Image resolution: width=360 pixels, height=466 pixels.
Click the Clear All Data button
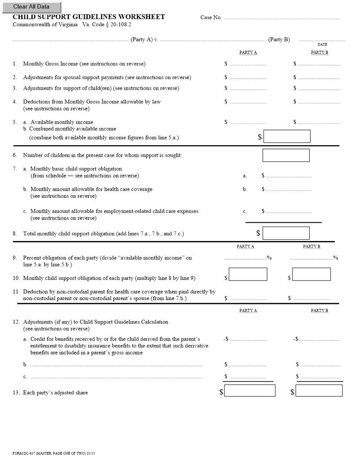click(31, 7)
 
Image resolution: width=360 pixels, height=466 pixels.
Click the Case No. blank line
click(282, 18)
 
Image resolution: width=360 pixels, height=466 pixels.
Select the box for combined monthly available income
click(287, 136)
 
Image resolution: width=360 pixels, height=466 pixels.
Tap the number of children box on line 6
click(286, 155)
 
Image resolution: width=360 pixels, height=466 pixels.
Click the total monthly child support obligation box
click(286, 233)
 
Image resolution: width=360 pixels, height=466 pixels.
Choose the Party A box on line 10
click(248, 274)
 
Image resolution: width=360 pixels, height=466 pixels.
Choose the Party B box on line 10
click(311, 274)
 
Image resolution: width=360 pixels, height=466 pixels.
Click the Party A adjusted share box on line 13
click(250, 391)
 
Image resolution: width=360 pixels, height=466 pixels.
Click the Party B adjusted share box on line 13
click(319, 391)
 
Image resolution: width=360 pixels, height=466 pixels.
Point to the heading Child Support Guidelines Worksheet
click(89, 17)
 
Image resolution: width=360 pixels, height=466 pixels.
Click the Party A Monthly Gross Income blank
click(248, 64)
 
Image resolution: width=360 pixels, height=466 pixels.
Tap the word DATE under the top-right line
click(322, 45)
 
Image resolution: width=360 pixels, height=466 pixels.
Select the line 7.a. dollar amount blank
click(289, 176)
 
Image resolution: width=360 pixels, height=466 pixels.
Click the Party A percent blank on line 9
click(245, 258)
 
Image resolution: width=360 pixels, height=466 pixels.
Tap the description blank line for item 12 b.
click(116, 365)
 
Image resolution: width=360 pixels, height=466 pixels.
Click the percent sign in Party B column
click(336, 258)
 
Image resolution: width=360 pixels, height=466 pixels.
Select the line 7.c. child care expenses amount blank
click(289, 211)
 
